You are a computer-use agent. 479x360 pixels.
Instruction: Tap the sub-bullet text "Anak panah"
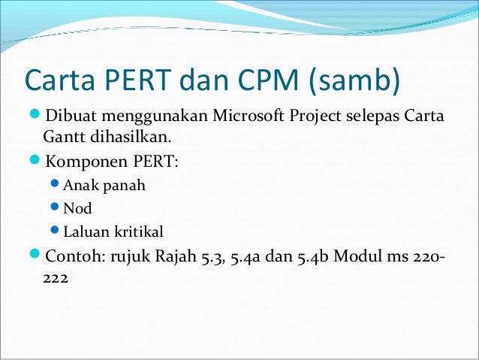pos(95,185)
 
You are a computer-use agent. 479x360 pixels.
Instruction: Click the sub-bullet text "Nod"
pos(77,208)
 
